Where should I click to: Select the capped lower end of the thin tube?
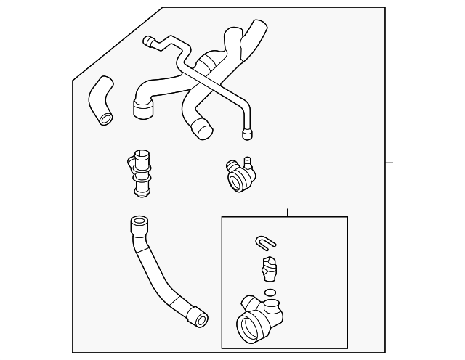[246, 133]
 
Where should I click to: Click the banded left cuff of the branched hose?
[143, 109]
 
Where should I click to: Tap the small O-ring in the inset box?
[270, 293]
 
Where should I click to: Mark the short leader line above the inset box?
[288, 213]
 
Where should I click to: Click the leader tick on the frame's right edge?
[389, 163]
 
